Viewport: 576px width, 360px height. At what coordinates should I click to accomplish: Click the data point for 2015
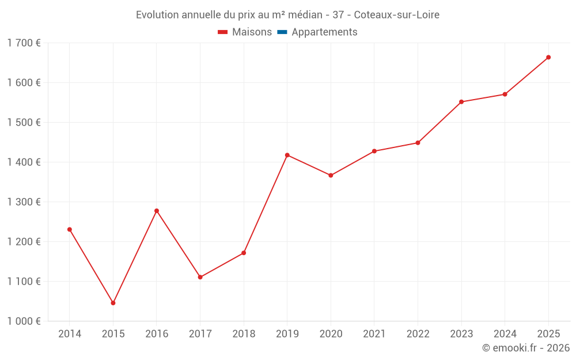click(113, 303)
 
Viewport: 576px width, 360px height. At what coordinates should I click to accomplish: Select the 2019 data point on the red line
click(287, 156)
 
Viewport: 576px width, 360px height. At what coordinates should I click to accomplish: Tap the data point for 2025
click(548, 57)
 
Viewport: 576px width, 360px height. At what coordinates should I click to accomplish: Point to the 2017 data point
click(200, 278)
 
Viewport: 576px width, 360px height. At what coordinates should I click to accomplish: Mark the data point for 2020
click(331, 176)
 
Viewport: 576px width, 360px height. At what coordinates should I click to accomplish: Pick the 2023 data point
click(461, 102)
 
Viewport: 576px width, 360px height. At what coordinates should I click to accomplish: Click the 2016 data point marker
click(157, 211)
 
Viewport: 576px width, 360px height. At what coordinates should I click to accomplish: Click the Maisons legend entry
click(245, 32)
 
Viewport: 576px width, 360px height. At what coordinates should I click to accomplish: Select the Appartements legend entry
click(317, 32)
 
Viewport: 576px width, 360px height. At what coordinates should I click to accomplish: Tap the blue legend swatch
click(282, 32)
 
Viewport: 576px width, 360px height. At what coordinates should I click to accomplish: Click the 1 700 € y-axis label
click(24, 43)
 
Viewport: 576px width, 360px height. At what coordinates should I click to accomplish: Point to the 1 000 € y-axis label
click(24, 321)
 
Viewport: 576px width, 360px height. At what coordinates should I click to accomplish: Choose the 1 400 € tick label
click(24, 162)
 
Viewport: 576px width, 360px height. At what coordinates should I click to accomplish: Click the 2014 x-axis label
click(70, 334)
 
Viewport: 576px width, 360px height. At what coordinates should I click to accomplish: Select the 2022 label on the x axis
click(418, 334)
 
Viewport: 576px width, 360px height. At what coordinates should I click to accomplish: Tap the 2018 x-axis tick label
click(244, 334)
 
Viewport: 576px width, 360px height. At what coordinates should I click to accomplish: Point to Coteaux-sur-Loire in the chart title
click(397, 15)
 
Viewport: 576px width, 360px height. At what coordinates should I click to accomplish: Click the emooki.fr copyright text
click(526, 347)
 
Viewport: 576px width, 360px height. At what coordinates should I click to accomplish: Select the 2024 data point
click(505, 94)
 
